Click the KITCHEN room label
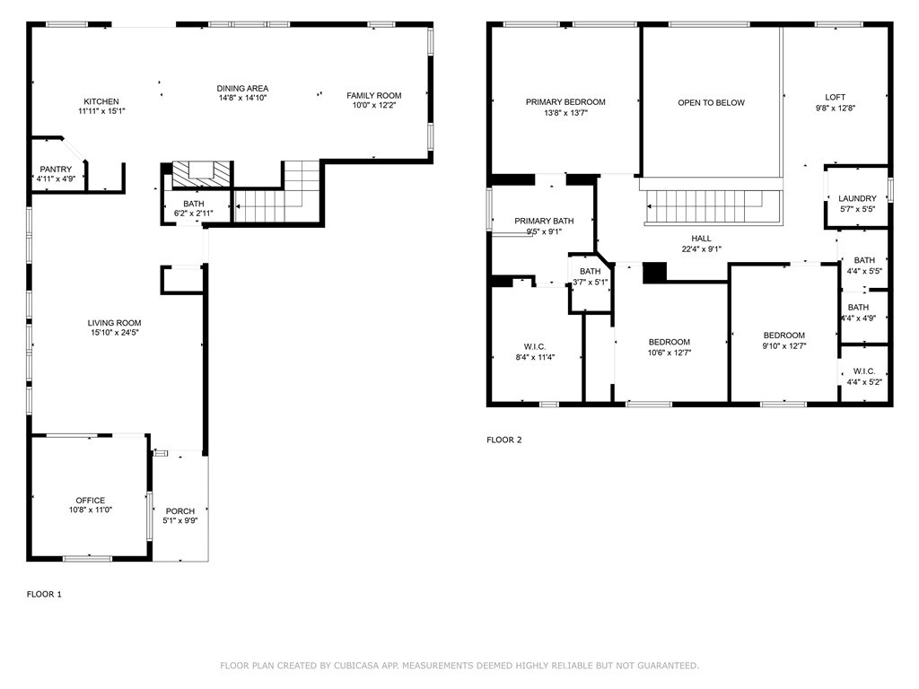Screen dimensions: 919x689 pos(101,101)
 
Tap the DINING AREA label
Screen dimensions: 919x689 pos(242,89)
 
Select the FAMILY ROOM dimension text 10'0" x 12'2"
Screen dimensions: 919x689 pos(374,106)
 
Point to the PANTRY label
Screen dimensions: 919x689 pos(56,170)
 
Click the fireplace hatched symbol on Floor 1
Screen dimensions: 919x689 pos(202,174)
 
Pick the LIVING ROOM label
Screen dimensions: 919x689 pos(114,323)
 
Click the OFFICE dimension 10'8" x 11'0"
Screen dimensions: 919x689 pos(91,510)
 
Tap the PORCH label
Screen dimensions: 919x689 pos(179,510)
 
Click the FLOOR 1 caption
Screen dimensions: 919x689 pos(44,594)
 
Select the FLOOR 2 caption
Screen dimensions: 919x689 pos(504,440)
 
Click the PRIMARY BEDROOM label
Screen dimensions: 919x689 pos(565,102)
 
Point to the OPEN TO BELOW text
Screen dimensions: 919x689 pos(712,102)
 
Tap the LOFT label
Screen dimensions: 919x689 pos(836,97)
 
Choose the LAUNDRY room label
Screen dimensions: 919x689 pos(857,198)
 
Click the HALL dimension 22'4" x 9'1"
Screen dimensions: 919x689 pos(702,249)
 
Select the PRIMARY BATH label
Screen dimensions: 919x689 pos(544,221)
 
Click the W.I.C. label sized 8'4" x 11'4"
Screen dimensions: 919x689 pos(535,347)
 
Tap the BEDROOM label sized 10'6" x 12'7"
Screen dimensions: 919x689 pos(670,342)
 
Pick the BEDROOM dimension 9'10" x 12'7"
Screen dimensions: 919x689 pos(784,345)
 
